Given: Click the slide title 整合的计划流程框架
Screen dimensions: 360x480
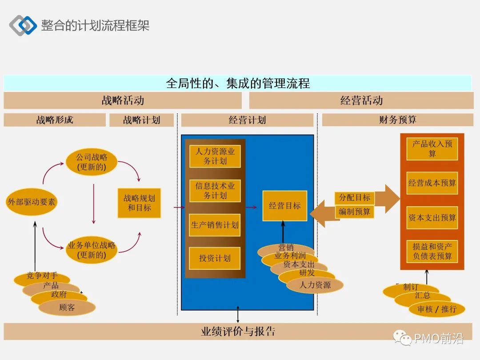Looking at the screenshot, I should click(x=95, y=25).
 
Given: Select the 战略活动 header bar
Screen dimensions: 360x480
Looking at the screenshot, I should click(x=123, y=100).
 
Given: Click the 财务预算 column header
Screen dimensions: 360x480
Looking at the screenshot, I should click(x=397, y=120).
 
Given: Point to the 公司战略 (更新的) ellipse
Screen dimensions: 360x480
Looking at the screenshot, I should click(x=92, y=162).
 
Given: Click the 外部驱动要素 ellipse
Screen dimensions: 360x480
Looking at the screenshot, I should click(x=32, y=202).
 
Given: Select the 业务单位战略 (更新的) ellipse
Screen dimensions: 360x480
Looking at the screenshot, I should click(x=92, y=250).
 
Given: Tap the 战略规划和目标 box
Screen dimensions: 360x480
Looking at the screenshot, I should click(x=139, y=203).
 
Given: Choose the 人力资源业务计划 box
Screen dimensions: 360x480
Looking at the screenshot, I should click(x=215, y=156).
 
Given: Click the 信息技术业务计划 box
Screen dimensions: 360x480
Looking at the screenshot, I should click(x=215, y=191).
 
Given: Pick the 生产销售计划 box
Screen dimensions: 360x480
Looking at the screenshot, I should click(x=215, y=225).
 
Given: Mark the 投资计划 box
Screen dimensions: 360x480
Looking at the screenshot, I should click(x=215, y=258).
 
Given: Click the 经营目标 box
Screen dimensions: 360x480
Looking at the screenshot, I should click(x=284, y=206).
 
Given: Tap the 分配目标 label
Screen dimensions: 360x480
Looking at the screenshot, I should click(x=354, y=198).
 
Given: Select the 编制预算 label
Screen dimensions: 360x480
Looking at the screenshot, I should click(x=354, y=212).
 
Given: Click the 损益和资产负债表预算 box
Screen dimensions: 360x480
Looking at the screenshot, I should click(x=432, y=252).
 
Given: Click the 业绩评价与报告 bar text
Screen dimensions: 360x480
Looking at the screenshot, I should click(x=238, y=332).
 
